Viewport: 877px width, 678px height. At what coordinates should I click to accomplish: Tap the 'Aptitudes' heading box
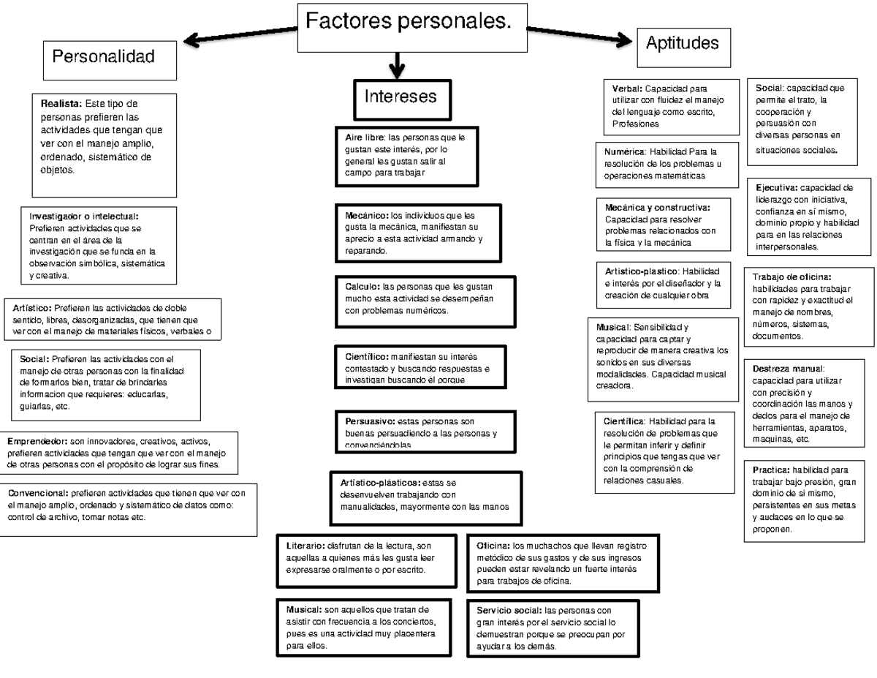point(682,43)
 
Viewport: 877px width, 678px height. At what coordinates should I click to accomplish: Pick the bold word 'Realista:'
point(61,104)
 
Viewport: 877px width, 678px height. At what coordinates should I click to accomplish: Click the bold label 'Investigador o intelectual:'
point(83,216)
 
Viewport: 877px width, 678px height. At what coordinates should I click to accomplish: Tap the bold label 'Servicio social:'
point(509,611)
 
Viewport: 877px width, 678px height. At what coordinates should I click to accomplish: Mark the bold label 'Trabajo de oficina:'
point(791,276)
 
